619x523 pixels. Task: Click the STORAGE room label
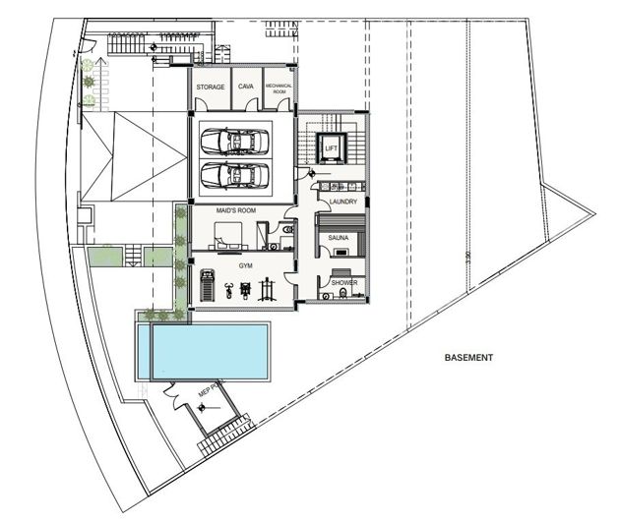pyautogui.click(x=211, y=87)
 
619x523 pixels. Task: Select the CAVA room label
pyautogui.click(x=246, y=87)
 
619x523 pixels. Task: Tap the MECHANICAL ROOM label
pyautogui.click(x=279, y=88)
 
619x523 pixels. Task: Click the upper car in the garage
pyautogui.click(x=234, y=144)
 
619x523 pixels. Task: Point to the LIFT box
pyautogui.click(x=332, y=148)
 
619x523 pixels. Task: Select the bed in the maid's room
pyautogui.click(x=226, y=236)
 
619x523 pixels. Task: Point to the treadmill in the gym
pyautogui.click(x=206, y=288)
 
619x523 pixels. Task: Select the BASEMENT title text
pyautogui.click(x=467, y=358)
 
